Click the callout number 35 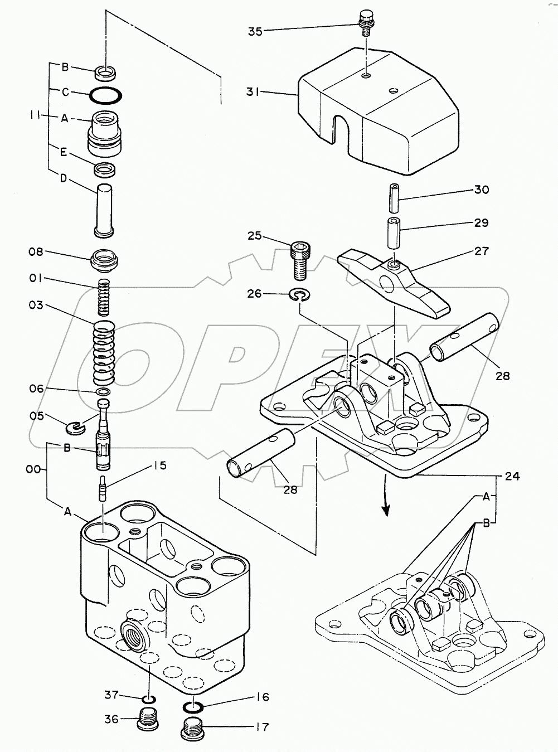[x=255, y=32]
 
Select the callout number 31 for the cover [x=253, y=91]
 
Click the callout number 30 [x=482, y=189]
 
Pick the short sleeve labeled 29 [x=395, y=234]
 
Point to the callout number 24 [x=512, y=476]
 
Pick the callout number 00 [x=33, y=469]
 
